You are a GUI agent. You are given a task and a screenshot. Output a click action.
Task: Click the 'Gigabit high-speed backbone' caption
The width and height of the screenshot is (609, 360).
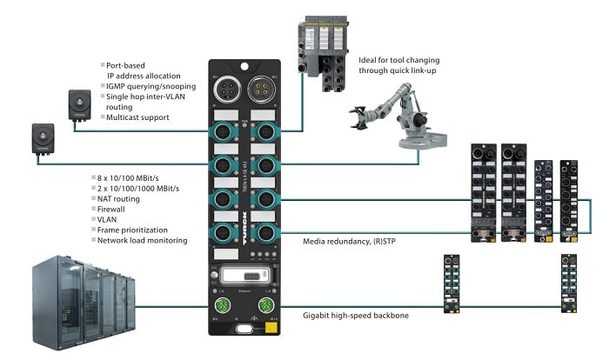click(x=357, y=316)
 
